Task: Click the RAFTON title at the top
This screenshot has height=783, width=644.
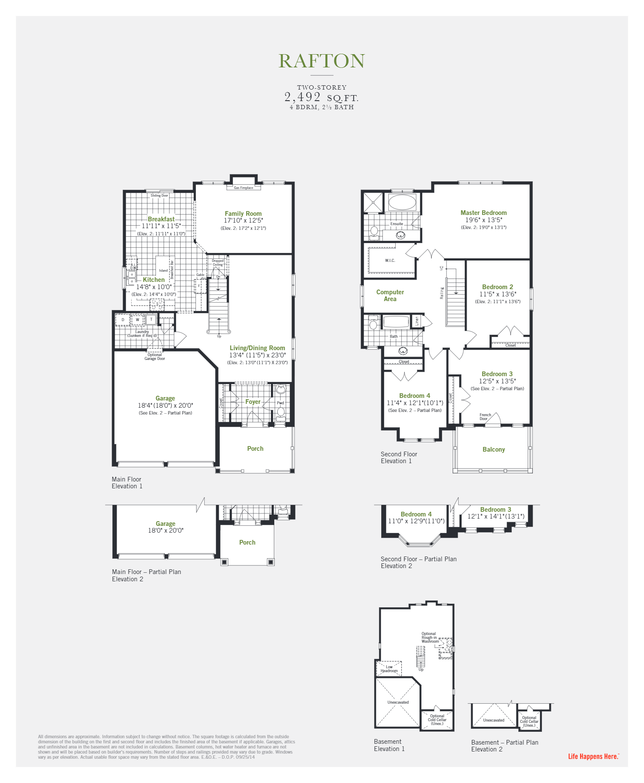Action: [x=322, y=61]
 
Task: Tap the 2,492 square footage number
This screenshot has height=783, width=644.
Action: [x=302, y=97]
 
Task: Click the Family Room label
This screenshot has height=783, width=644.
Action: [x=243, y=214]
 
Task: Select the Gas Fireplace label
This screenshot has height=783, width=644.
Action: [x=244, y=188]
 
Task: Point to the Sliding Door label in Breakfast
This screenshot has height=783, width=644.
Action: [x=159, y=196]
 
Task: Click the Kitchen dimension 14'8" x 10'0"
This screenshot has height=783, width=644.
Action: [x=154, y=287]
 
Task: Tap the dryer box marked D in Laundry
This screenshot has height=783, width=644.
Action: [x=123, y=319]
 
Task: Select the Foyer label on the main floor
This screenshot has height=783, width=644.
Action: [x=253, y=402]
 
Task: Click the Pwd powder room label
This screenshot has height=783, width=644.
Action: [x=280, y=403]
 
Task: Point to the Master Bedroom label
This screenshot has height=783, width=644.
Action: [x=483, y=213]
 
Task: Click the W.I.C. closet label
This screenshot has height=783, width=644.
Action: [x=390, y=261]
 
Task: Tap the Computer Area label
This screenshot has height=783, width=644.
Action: [x=390, y=296]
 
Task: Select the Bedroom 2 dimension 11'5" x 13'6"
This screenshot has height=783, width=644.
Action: [x=497, y=294]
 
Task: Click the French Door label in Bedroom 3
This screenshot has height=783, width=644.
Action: [x=485, y=417]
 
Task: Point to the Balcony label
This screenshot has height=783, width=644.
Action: [x=494, y=449]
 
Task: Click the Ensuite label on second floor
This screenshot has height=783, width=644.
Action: [x=397, y=224]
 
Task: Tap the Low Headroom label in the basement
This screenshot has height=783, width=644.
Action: [x=389, y=669]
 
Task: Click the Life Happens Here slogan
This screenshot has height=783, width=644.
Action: [x=593, y=757]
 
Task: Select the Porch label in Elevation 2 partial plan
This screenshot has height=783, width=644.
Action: [x=247, y=542]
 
